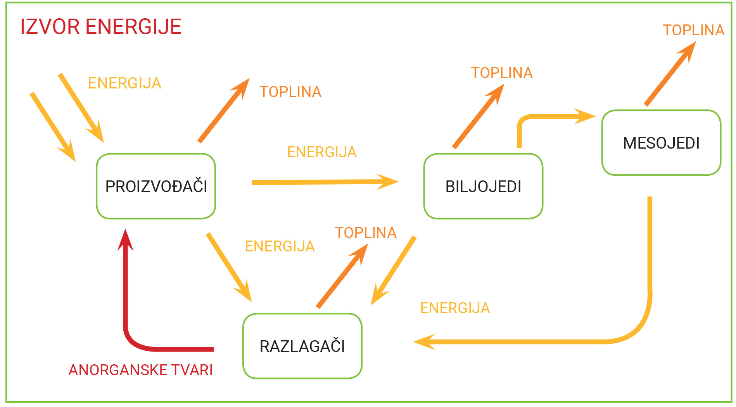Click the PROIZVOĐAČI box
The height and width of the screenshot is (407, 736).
[x=156, y=186]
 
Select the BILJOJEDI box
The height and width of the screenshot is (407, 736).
[x=483, y=186]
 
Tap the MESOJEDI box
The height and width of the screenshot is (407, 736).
[x=661, y=143]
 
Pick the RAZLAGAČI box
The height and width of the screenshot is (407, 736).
[x=302, y=346]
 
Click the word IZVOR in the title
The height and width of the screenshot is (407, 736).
[x=50, y=27]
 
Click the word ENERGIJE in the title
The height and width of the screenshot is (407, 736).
[x=133, y=27]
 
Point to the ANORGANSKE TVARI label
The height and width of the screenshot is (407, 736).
[x=140, y=370]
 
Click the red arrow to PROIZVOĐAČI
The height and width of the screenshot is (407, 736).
[x=126, y=295]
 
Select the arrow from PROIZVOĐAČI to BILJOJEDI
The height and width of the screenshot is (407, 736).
[x=322, y=182]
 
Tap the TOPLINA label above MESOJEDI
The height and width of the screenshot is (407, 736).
[x=693, y=30]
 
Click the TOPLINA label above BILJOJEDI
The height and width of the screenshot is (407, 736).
[x=501, y=73]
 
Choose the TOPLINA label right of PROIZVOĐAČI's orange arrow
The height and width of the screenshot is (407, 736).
[x=290, y=92]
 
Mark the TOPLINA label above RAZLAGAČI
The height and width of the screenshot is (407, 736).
[x=365, y=233]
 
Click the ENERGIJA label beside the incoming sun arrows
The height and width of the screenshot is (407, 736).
[x=124, y=83]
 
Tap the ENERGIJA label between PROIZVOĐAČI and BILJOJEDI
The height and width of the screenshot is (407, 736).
[x=322, y=152]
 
